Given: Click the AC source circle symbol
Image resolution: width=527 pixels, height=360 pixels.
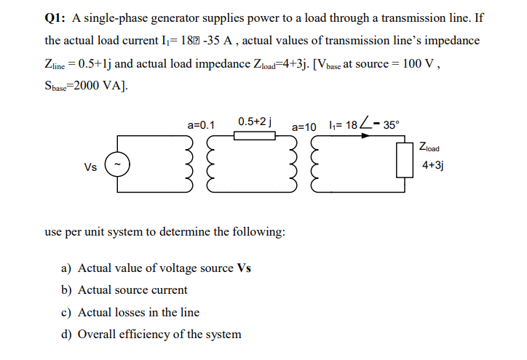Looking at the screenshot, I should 119,167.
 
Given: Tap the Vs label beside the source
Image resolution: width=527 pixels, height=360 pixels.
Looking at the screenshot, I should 90,168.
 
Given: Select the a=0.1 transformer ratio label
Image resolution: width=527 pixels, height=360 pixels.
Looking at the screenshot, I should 200,125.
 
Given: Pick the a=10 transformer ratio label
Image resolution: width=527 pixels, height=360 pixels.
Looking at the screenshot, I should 304,127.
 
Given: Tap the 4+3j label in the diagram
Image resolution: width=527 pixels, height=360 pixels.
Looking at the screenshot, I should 433,165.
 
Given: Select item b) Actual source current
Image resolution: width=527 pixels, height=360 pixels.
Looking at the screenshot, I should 123,289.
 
